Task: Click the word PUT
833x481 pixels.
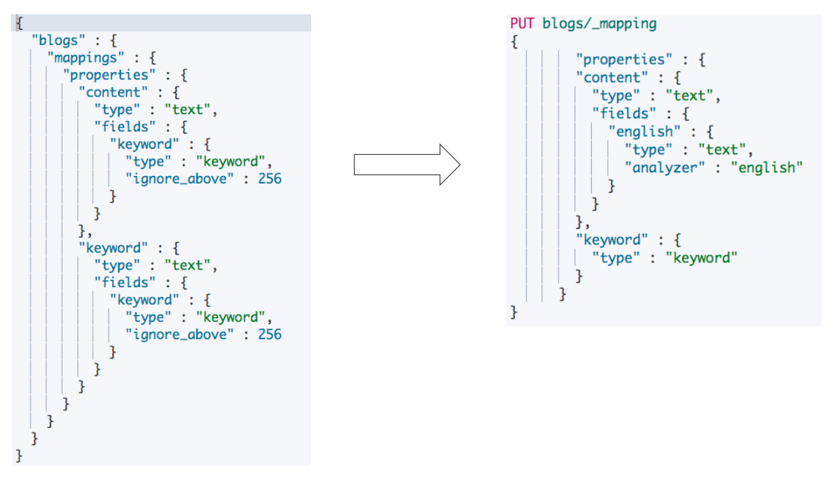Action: coord(523,24)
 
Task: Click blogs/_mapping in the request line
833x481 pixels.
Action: coord(599,24)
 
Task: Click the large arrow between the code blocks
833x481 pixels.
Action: coord(407,164)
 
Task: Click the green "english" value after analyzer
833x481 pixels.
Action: coord(766,167)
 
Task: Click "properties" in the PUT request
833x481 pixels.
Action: coord(624,60)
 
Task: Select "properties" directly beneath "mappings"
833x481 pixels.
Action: coord(105,75)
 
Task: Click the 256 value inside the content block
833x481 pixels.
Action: coord(268,179)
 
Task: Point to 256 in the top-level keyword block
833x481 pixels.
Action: coord(268,334)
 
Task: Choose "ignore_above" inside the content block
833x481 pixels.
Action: coord(179,179)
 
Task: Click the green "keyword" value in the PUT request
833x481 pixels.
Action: coord(701,257)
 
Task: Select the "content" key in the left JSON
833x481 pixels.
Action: coord(113,92)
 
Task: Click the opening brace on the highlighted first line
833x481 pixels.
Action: coord(19,23)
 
